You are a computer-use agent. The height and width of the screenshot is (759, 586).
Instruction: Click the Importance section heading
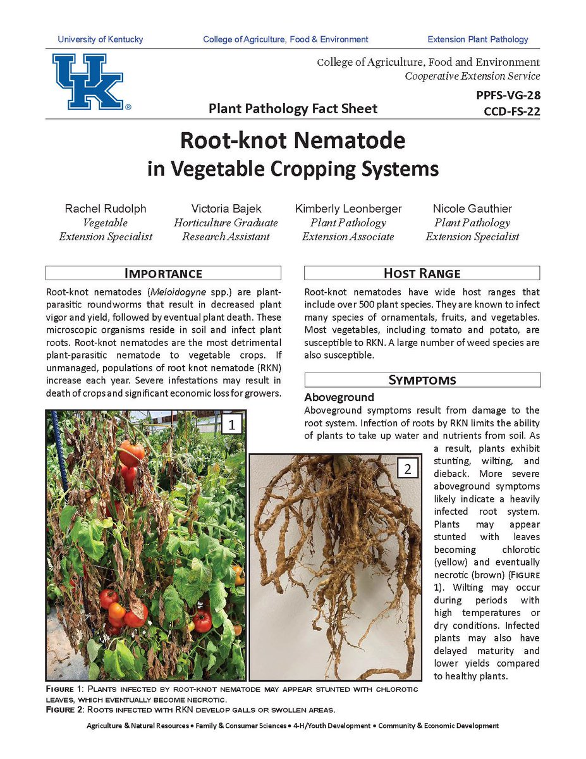[x=163, y=273]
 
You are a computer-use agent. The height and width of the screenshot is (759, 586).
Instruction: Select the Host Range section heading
[x=422, y=273]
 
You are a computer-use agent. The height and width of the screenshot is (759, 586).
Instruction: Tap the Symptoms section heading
[x=422, y=380]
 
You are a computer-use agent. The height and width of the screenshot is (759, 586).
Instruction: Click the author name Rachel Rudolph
[x=106, y=209]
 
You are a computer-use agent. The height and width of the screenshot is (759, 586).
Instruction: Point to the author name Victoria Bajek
[x=226, y=209]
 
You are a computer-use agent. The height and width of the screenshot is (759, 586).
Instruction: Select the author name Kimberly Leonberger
[x=348, y=209]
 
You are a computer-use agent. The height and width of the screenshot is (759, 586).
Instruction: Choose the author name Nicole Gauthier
[x=472, y=209]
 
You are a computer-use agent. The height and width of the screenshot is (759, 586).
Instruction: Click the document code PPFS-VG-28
[x=508, y=96]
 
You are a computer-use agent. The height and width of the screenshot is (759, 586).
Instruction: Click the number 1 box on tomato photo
[x=232, y=424]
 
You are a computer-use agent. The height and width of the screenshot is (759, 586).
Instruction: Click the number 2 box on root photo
[x=408, y=469]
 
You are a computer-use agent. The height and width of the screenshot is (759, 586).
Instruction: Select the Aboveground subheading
[x=339, y=398]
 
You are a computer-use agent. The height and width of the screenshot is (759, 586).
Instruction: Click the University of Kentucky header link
[x=101, y=39]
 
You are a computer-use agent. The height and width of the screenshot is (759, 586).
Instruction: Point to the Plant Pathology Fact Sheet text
[x=293, y=109]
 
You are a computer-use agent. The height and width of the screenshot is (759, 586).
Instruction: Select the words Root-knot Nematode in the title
[x=293, y=140]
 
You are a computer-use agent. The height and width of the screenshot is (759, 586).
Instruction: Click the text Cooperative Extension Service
[x=472, y=76]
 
